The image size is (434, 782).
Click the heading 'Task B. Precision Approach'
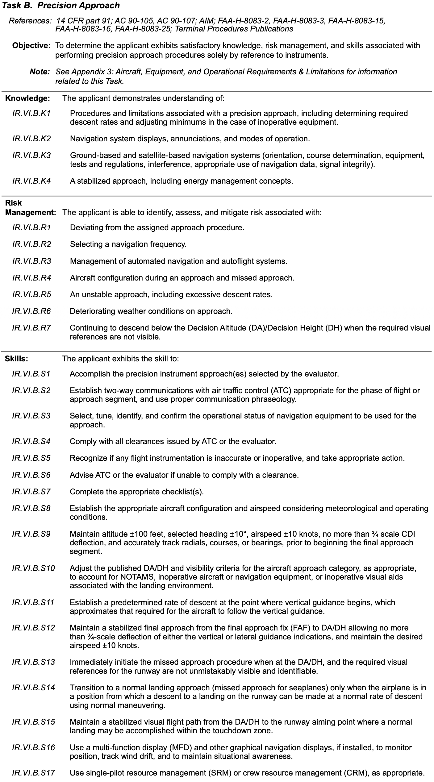[61, 6]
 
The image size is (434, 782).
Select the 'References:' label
[30, 21]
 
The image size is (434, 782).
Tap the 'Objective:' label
[31, 46]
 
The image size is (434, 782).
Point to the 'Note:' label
[40, 72]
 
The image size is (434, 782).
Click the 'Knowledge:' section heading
[27, 98]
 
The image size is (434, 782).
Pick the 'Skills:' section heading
[17, 359]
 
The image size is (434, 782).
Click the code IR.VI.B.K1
[31, 114]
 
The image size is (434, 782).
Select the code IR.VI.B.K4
[31, 181]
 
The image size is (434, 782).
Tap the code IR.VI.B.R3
[31, 261]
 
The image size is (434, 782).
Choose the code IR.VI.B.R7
[31, 328]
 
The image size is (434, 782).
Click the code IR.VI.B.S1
[31, 374]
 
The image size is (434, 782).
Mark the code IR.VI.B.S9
[31, 534]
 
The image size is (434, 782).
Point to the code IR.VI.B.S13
[33, 662]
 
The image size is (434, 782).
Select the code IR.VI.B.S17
[33, 773]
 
